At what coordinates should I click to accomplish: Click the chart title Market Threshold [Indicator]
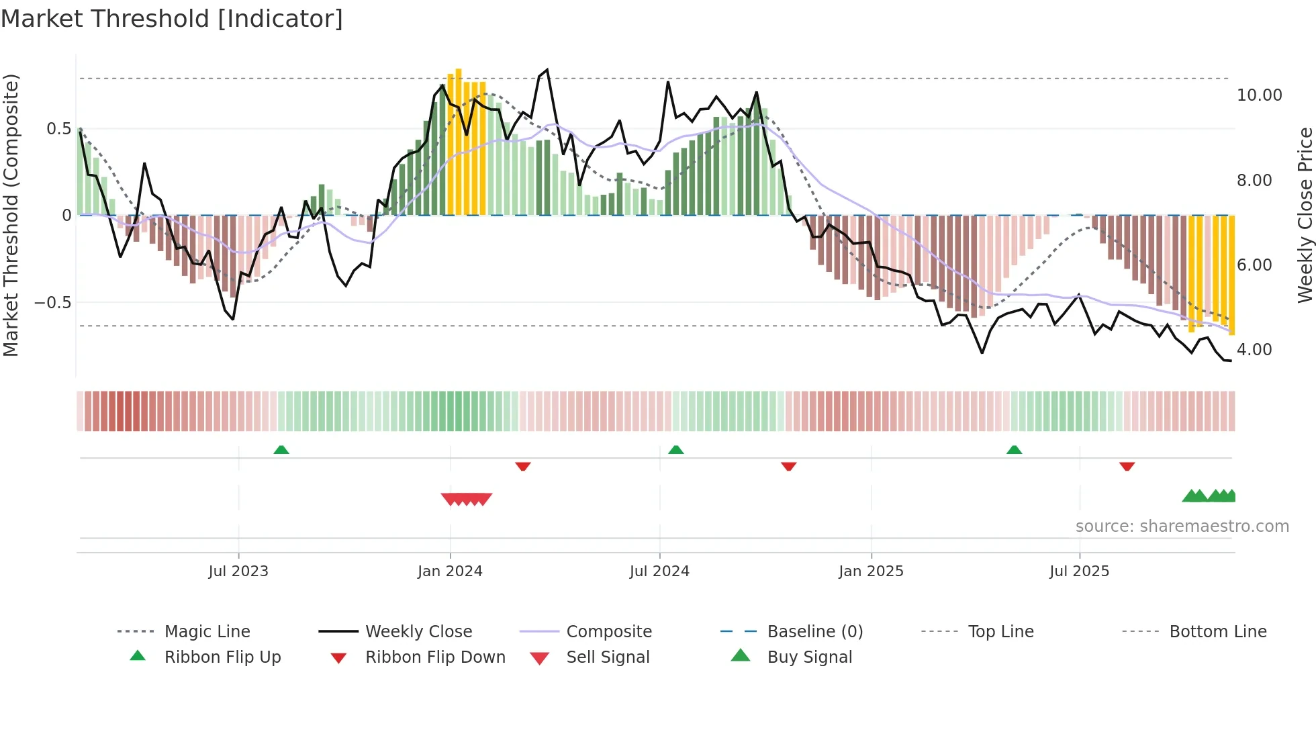(x=172, y=19)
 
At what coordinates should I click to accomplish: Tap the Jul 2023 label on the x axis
(x=238, y=571)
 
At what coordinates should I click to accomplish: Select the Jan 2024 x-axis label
(x=450, y=571)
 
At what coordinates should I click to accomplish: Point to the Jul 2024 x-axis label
(x=659, y=571)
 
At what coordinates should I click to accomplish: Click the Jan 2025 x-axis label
(x=871, y=571)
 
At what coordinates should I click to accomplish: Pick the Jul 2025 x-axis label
(x=1079, y=571)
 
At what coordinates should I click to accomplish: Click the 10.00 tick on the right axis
(x=1259, y=95)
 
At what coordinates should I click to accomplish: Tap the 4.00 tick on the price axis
(x=1254, y=350)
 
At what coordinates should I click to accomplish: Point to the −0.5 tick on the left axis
(x=53, y=303)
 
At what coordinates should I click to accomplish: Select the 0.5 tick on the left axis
(x=58, y=129)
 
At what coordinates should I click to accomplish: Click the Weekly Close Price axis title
(x=1305, y=215)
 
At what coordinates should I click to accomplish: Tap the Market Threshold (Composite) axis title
(x=11, y=215)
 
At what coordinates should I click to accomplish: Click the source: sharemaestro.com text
(x=1182, y=526)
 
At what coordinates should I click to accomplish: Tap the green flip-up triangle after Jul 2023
(x=281, y=450)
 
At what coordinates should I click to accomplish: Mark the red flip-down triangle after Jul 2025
(x=1127, y=466)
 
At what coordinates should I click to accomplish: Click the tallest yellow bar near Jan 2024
(x=459, y=141)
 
